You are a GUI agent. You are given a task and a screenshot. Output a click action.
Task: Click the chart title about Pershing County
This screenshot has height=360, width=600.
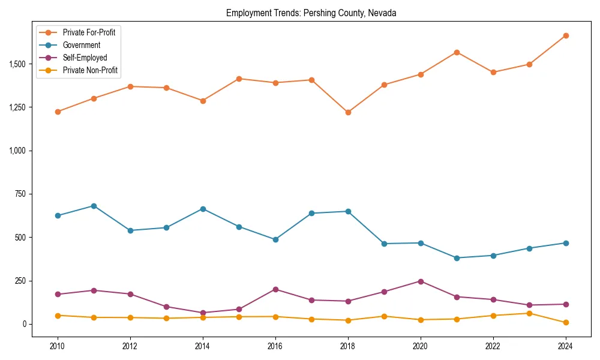311,13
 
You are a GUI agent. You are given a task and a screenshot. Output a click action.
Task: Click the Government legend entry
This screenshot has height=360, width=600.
81,45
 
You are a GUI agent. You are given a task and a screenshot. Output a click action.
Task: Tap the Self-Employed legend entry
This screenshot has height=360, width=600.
85,58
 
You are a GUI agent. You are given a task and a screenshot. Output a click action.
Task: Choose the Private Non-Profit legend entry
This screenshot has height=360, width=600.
90,70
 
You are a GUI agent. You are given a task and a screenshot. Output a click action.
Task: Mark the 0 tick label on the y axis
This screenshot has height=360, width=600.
25,324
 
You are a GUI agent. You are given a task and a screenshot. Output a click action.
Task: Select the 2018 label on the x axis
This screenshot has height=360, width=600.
347,346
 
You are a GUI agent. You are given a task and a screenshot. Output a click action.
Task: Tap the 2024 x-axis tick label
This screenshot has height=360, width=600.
565,346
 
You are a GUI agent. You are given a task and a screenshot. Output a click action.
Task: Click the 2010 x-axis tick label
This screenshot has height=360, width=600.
58,346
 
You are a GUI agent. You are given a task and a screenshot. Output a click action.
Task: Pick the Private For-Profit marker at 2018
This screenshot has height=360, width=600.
348,112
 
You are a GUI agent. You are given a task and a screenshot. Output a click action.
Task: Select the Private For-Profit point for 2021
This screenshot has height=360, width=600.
457,52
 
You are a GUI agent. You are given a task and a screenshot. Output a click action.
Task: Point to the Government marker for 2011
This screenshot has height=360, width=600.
94,206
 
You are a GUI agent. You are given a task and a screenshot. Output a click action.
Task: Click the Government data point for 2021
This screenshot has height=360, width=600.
457,258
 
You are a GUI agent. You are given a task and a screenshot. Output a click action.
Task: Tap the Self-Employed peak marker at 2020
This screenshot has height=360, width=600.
421,281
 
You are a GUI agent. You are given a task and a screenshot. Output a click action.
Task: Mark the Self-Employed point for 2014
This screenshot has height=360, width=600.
203,313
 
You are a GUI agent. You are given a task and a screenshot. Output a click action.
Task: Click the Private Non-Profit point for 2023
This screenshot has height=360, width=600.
529,313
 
